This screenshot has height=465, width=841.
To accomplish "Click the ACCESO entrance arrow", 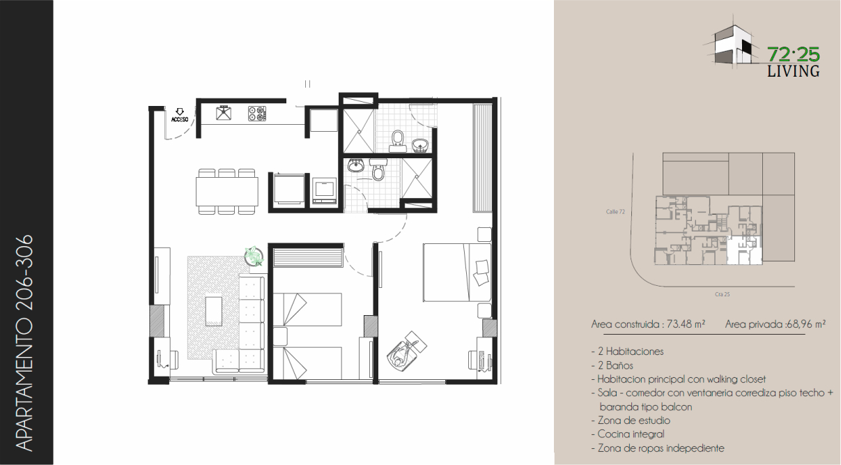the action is coord(180,112).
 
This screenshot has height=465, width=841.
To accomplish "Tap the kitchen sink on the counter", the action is coord(224,113).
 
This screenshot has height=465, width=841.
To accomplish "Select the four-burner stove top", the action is coord(257,114).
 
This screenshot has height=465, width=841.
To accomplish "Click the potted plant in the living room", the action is coord(254,257).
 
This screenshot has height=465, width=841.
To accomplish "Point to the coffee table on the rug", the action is coord(214,312).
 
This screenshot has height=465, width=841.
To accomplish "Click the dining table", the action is coord(226,192).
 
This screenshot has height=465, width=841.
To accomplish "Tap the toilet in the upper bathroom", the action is coord(397,141).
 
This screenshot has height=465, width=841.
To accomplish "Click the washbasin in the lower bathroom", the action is coord(355,165).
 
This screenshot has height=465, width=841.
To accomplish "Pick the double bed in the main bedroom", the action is coord(457,273).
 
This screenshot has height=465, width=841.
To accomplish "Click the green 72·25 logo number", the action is coord(794,55).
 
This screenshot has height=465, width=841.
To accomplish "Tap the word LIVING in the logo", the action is coord(794,71).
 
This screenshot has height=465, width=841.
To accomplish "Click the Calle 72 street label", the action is coord(615,212).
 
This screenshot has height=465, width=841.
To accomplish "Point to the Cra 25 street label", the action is coord(723,294).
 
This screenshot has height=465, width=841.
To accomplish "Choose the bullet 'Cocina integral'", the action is coord(628,434).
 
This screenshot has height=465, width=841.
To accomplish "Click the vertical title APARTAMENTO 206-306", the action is coord(25,343).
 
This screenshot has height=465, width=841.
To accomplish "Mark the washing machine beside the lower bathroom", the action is coord(325,190).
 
